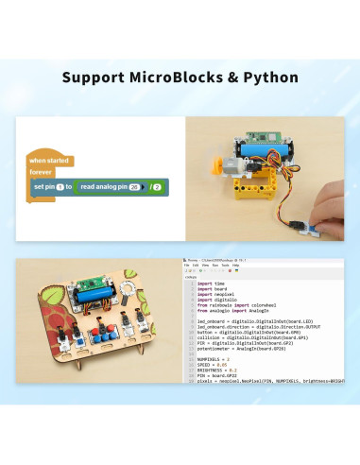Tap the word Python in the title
pyautogui.click(x=269, y=76)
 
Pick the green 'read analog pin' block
pyautogui.click(x=110, y=187)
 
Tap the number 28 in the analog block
pyautogui.click(x=134, y=187)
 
